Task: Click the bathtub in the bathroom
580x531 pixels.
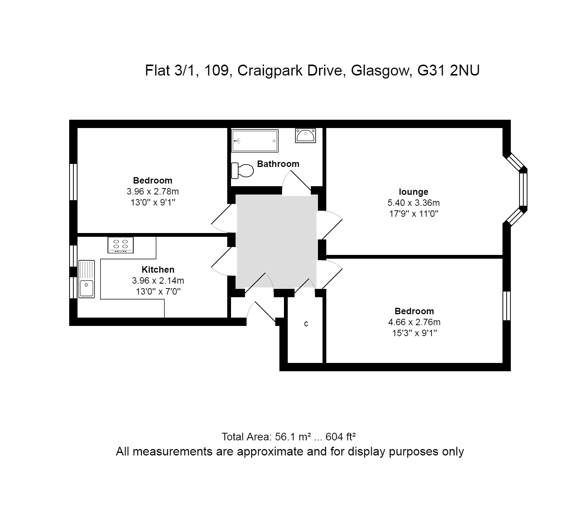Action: click(x=255, y=141)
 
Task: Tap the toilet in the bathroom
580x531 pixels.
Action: click(x=242, y=170)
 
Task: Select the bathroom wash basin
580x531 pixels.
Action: click(x=306, y=136)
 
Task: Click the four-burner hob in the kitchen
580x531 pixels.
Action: click(x=121, y=245)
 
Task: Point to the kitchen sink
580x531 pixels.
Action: click(x=87, y=279)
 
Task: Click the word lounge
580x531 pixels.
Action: click(x=414, y=192)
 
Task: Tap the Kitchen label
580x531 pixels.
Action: click(x=158, y=270)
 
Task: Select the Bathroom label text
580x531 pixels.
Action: click(x=278, y=164)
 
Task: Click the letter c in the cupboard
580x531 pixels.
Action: click(x=306, y=324)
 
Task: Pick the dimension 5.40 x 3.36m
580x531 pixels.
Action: click(x=414, y=203)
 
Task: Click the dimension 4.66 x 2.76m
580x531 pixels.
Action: click(x=414, y=322)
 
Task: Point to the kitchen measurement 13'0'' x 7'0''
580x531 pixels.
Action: click(x=158, y=292)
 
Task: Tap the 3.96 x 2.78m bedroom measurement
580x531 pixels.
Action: click(x=153, y=191)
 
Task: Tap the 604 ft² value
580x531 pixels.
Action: click(x=340, y=437)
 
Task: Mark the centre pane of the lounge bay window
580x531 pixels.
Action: click(x=523, y=190)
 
